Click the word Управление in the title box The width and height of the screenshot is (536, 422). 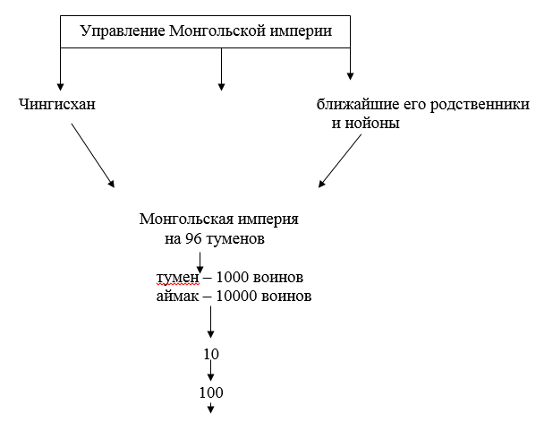123,31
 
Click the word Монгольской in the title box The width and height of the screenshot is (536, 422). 217,30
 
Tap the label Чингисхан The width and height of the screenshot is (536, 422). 56,104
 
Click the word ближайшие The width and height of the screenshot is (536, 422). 358,104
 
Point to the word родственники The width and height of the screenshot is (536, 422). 480,105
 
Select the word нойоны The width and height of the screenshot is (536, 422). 372,123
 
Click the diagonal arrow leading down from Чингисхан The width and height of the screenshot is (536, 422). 93,155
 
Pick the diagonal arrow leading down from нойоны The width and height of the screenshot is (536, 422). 340,161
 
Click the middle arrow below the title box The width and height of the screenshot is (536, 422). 221,69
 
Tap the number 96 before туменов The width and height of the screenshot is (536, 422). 193,238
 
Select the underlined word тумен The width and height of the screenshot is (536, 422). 177,278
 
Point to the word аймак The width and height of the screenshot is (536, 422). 177,297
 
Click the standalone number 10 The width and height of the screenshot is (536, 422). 211,354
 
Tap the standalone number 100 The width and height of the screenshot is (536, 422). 211,392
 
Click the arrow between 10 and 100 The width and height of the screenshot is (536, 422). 210,371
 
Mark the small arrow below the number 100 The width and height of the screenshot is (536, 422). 210,409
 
